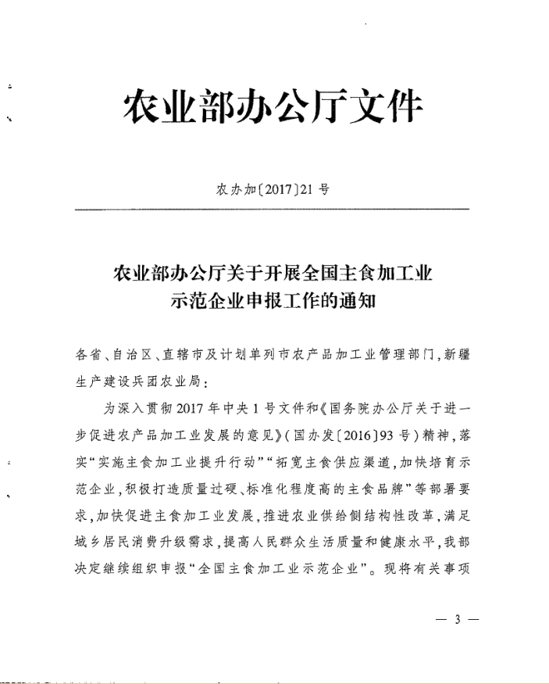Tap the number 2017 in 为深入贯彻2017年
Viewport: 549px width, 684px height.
194,407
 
